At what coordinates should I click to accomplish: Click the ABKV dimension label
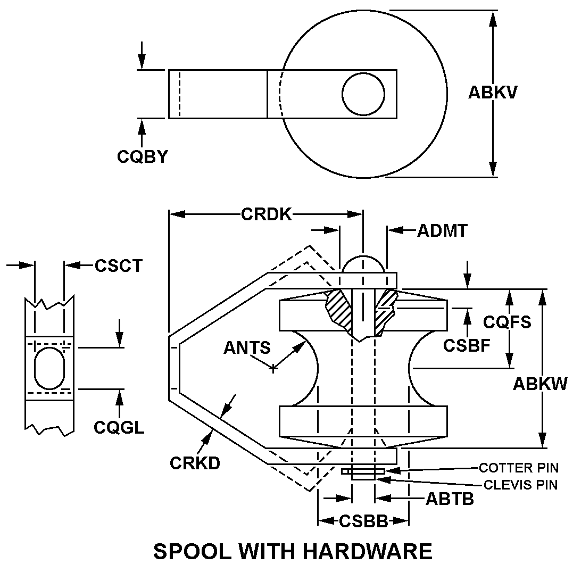[x=493, y=93]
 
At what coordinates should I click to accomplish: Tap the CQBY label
[x=143, y=156]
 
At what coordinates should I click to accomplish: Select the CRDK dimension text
[x=266, y=214]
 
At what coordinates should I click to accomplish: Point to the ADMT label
[x=442, y=230]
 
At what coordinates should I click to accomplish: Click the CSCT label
[x=119, y=265]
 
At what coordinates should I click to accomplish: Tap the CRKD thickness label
[x=195, y=462]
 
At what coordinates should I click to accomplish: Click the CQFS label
[x=507, y=322]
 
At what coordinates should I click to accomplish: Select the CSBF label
[x=467, y=345]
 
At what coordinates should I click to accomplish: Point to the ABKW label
[x=540, y=383]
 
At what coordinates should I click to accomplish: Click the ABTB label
[x=450, y=499]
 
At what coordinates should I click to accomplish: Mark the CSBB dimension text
[x=363, y=521]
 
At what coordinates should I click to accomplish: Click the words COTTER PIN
[x=519, y=468]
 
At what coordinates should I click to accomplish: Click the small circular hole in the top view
[x=363, y=94]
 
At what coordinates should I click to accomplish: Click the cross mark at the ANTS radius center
[x=273, y=367]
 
